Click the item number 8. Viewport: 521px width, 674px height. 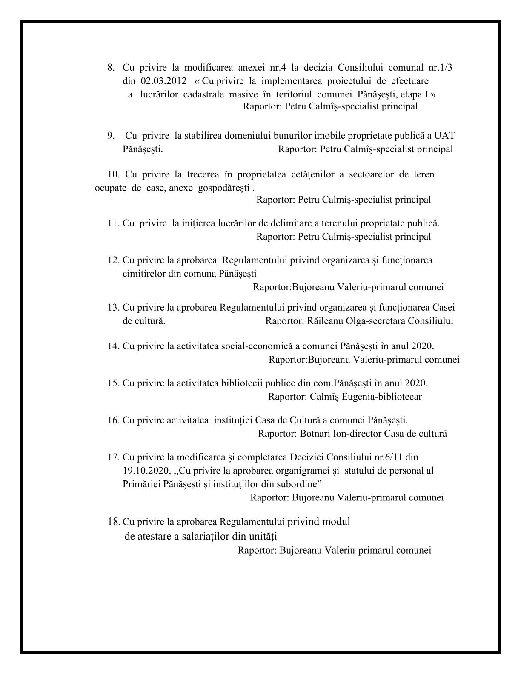[111, 68]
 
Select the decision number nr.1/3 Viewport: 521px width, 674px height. [441, 68]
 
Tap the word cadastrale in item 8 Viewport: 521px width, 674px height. [204, 94]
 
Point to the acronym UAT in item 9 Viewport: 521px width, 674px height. [444, 136]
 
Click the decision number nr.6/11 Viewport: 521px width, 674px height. [388, 457]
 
